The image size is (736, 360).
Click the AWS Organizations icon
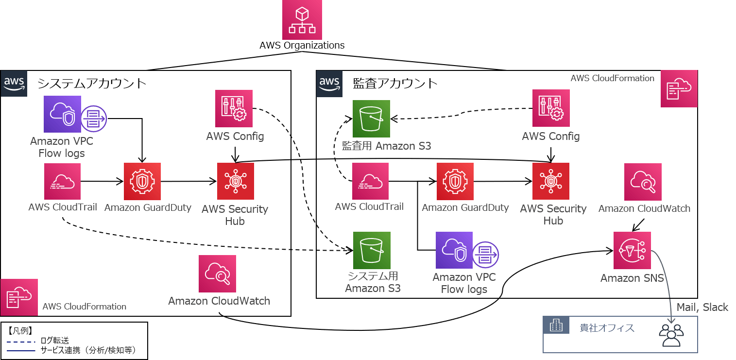click(302, 20)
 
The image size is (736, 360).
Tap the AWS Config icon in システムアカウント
click(234, 110)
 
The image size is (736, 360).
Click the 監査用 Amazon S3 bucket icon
click(372, 118)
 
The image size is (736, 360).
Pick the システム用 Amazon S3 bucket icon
click(372, 250)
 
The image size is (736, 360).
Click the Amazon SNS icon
click(633, 250)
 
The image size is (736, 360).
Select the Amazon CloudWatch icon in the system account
click(217, 274)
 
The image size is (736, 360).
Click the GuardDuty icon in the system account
click(142, 181)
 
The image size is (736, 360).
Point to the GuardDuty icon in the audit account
click(455, 181)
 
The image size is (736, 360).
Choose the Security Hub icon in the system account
click(236, 181)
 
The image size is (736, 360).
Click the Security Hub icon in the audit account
click(551, 181)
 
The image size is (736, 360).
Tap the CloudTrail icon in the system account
click(62, 181)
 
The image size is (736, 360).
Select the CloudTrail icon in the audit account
click(370, 181)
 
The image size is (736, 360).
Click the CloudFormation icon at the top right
click(679, 88)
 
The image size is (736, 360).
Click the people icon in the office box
click(671, 335)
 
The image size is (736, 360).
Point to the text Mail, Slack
click(702, 307)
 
